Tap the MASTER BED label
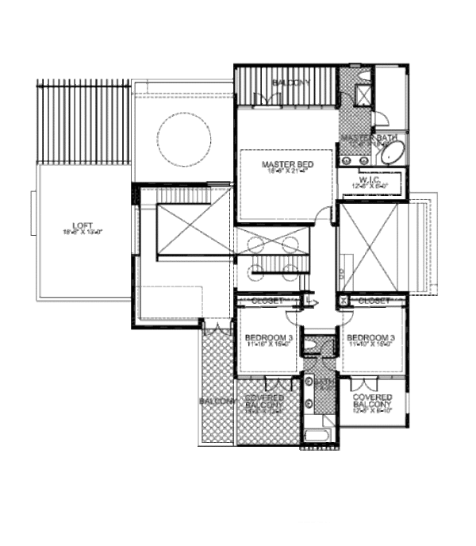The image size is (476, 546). pos(288,164)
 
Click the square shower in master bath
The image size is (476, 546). pos(364,94)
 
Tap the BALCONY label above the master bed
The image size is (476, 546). pos(290,83)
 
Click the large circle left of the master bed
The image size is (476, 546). pos(184,140)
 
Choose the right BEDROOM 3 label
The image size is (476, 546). pos(371,336)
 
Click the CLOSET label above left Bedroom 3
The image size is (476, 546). pos(267,301)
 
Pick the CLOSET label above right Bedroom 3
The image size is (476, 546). pos(374,301)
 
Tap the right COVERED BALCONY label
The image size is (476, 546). pos(372,402)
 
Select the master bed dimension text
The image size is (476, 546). pos(288,171)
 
